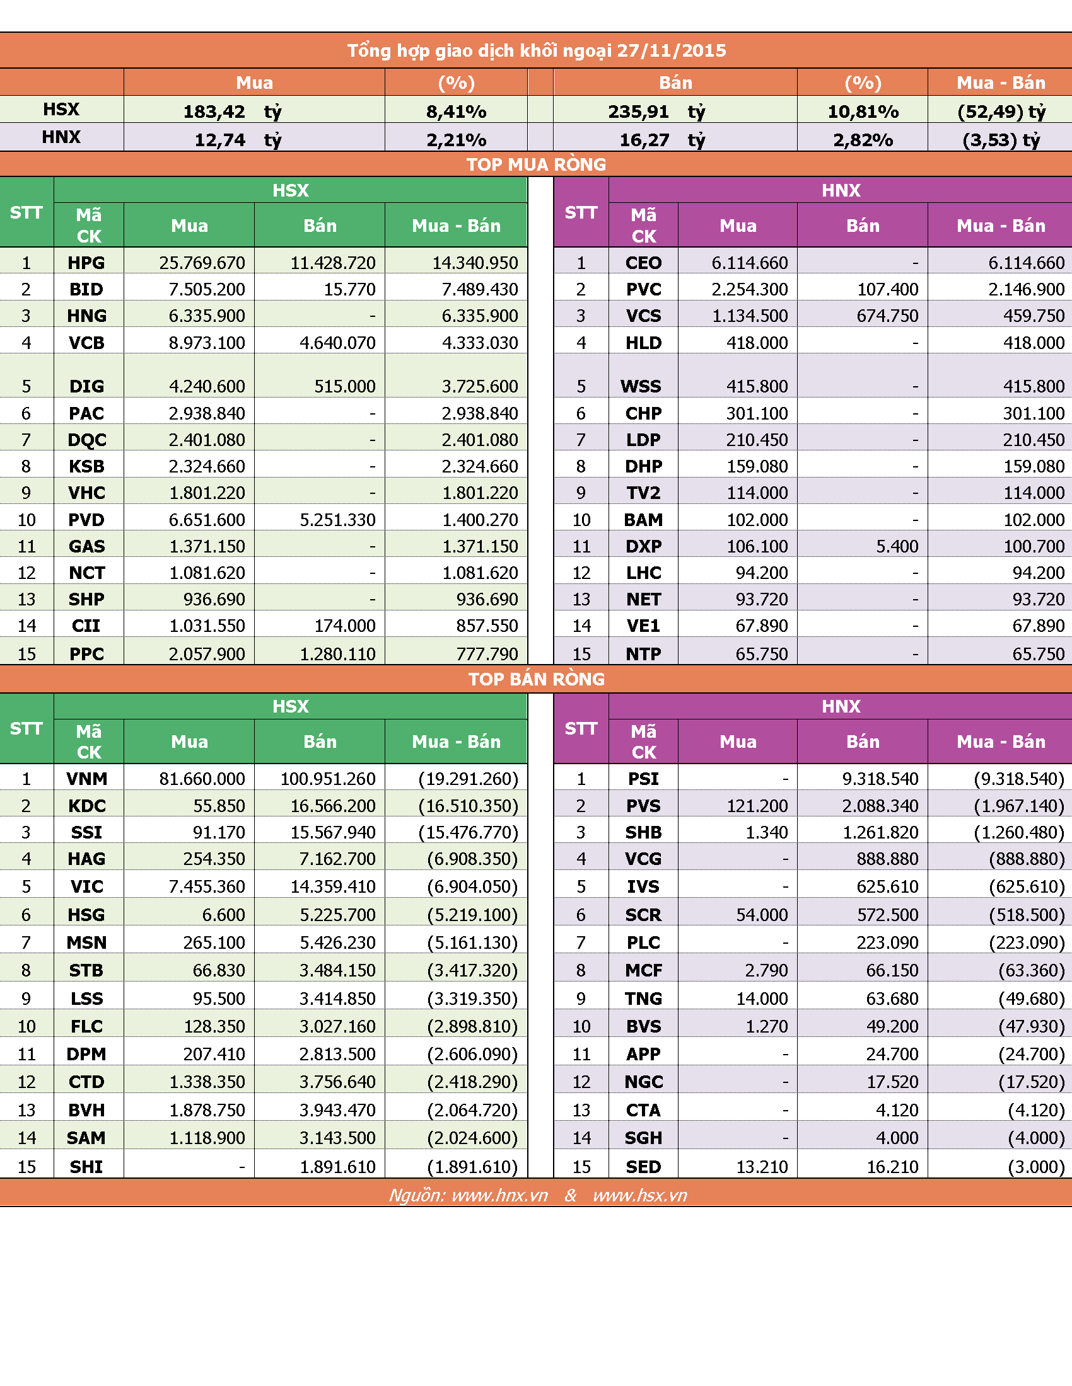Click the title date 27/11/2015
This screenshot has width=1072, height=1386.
(x=672, y=51)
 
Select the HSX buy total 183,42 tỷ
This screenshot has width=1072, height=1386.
(x=233, y=112)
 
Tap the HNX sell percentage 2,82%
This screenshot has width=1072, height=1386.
(x=863, y=140)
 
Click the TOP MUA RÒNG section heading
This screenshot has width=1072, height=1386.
(x=536, y=164)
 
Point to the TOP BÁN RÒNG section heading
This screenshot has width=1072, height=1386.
(x=536, y=679)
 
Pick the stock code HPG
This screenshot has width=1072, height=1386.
(x=86, y=263)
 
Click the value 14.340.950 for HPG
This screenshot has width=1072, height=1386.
(x=475, y=263)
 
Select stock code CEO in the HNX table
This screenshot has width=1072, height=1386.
(x=643, y=263)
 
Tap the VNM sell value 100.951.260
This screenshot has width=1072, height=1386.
(x=329, y=779)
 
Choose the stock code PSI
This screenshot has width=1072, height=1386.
(x=643, y=779)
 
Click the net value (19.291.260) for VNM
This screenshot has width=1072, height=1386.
(x=469, y=779)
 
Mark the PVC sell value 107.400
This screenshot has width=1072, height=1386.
(x=888, y=289)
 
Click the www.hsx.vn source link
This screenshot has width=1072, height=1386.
(x=640, y=1195)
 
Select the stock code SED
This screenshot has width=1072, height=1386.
(x=643, y=1166)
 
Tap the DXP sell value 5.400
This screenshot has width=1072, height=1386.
(x=897, y=546)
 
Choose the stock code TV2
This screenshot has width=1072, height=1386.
(x=643, y=493)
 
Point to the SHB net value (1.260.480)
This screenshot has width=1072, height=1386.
(x=1019, y=832)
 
